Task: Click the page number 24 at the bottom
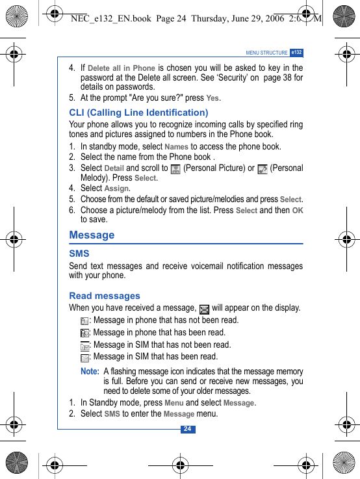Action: coord(187,429)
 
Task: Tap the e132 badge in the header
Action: coord(296,52)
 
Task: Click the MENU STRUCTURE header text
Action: coord(266,53)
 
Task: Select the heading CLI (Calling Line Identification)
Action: coord(138,112)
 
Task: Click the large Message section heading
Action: coord(92,235)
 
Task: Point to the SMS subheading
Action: coord(79,253)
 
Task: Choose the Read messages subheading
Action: coord(105,296)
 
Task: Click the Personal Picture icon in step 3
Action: coord(175,169)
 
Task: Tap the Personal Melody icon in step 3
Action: coord(263,169)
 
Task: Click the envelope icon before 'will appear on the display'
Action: coord(205,309)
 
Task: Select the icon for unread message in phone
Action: coord(84,321)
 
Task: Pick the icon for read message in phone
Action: coord(84,333)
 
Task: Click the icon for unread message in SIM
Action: coord(84,346)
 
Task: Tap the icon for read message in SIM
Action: coord(84,357)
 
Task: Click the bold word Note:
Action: coord(90,372)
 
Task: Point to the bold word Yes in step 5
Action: coord(212,99)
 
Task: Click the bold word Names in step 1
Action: coord(176,147)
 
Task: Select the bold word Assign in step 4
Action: coord(116,188)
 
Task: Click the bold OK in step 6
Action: coord(298,211)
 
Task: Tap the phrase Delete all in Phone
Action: coord(122,68)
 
